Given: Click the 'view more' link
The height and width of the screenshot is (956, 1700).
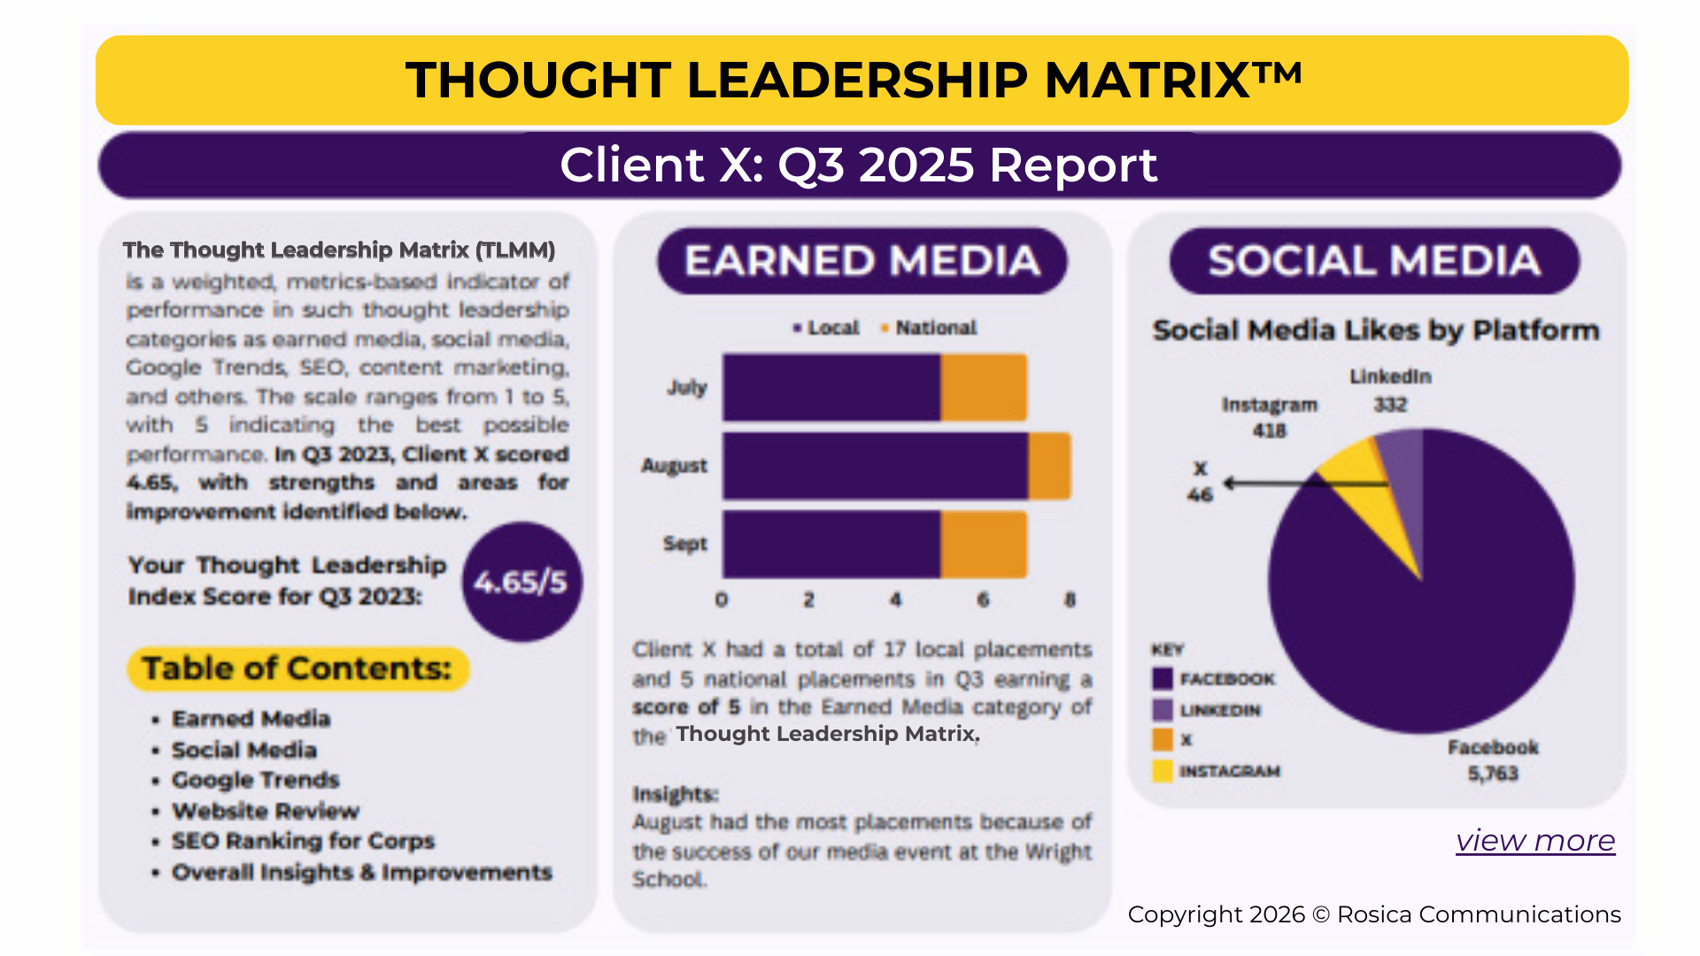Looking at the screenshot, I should pos(1535,840).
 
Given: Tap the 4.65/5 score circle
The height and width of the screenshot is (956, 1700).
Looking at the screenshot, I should pos(522,582).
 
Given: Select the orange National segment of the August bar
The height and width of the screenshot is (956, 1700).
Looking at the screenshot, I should pos(1049,466).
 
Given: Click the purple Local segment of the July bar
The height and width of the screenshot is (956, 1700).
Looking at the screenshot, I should pos(831,388).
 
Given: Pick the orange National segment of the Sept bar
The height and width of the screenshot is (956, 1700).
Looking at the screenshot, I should pos(983,544).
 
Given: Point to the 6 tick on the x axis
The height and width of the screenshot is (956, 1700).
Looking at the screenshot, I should pos(983,600).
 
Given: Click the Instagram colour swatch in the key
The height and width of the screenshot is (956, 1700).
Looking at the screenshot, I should pos(1163,771).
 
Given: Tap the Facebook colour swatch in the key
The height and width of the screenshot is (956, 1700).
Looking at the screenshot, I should pos(1163,679).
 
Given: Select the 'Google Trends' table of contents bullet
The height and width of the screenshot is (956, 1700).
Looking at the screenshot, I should pos(255,780).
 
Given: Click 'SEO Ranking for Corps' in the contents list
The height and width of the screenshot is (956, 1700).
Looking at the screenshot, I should pos(303,841).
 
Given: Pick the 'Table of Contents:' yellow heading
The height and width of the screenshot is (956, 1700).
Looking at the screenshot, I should pos(297,668).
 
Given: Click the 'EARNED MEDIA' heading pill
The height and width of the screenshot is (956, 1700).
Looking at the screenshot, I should pos(862,261).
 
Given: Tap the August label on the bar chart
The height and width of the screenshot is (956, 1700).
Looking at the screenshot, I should pos(674,466).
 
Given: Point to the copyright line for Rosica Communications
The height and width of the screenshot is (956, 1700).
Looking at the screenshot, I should pos(1374,914).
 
